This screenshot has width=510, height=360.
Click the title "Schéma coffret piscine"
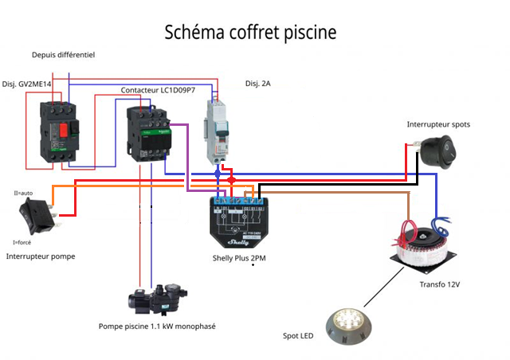[x=250, y=33]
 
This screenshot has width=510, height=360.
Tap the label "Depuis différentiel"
[x=64, y=55]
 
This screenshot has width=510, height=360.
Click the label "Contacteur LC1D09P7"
[x=158, y=90]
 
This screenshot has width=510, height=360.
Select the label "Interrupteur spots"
[x=437, y=125]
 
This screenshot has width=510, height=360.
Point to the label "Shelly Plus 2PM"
[x=238, y=258]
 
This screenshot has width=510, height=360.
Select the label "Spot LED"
[x=298, y=337]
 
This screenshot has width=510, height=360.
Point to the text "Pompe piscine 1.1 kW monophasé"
[x=157, y=327]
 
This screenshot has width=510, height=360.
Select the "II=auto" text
[x=25, y=193]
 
